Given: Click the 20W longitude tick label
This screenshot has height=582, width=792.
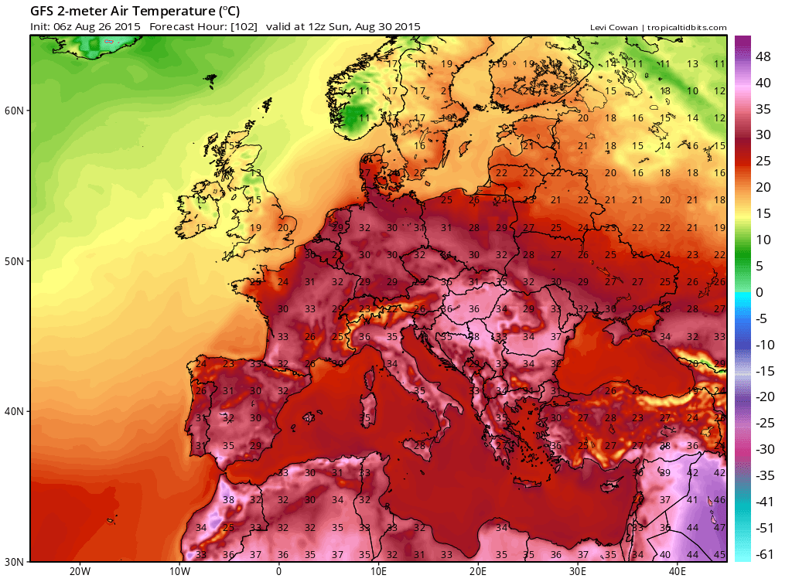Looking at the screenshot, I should (x=79, y=572).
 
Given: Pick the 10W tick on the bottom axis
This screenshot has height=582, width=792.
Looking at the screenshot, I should (x=179, y=572).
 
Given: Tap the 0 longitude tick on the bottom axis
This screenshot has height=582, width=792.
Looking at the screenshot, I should (x=278, y=572).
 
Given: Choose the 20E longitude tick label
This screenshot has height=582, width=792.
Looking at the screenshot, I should (x=478, y=572).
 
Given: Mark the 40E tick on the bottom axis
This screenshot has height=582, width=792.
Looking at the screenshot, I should (x=678, y=572).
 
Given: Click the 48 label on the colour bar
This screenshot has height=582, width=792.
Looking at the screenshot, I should (x=763, y=56).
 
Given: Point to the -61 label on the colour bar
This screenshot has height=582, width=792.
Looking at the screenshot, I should (x=763, y=554).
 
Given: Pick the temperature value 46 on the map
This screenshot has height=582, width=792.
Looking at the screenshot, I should (x=719, y=500).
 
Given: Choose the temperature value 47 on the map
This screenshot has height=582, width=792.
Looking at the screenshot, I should (x=719, y=528).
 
